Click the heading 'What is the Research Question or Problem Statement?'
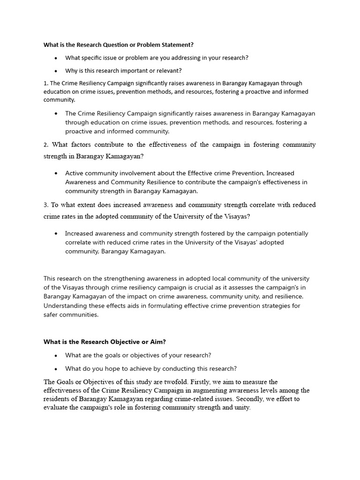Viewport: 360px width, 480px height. [x=118, y=45]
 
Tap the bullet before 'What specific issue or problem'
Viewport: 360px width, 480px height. [x=56, y=58]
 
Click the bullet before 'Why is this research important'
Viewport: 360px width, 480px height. [x=56, y=71]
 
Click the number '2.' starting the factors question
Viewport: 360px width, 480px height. [x=46, y=144]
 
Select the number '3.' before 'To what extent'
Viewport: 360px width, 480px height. [x=46, y=205]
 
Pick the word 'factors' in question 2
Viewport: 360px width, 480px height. [x=82, y=144]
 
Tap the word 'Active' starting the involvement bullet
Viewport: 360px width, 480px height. [x=75, y=173]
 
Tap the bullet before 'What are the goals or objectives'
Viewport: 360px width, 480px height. [x=56, y=355]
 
